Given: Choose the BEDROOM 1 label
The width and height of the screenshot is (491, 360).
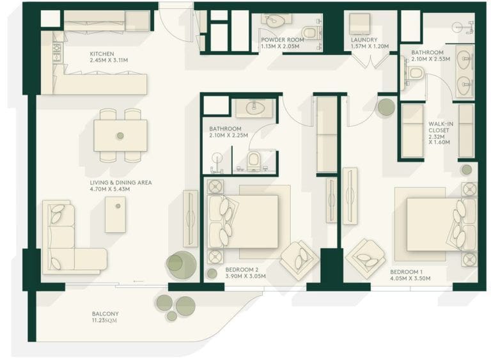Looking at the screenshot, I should (x=410, y=274).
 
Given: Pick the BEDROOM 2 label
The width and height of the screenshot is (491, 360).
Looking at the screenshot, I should (x=245, y=273).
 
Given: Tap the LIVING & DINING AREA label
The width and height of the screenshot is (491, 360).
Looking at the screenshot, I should (x=120, y=185).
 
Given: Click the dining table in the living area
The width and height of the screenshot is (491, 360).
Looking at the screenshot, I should (x=120, y=136).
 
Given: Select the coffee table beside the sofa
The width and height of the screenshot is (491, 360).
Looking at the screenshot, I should (x=116, y=214).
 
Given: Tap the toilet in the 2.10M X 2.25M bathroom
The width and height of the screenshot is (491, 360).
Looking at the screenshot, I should (x=254, y=159).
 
